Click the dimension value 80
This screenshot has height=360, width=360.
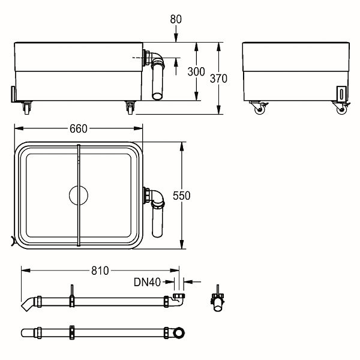point(176,19)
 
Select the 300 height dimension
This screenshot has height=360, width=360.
point(196,71)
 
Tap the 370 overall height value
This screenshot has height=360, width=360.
point(218,79)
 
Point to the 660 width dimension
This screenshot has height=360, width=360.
point(79,128)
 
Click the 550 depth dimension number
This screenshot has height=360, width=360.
point(181,196)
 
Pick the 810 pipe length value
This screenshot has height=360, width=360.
point(100,271)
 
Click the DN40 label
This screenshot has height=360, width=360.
point(147,282)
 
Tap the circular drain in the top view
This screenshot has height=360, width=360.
point(79,195)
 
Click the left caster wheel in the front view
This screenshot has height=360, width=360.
point(27,108)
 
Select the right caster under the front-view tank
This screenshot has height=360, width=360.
point(130,108)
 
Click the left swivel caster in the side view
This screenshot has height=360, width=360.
point(259,107)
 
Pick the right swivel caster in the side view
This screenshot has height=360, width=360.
point(341,107)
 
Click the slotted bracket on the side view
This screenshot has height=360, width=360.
point(341,94)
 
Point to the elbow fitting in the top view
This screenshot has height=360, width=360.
point(155,196)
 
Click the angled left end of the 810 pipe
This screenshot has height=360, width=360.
point(28,304)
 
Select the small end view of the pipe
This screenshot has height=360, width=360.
point(217,301)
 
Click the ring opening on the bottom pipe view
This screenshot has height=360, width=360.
point(178,332)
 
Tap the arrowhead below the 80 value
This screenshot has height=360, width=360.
point(176,38)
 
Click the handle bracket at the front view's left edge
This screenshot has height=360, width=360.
point(13,94)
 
